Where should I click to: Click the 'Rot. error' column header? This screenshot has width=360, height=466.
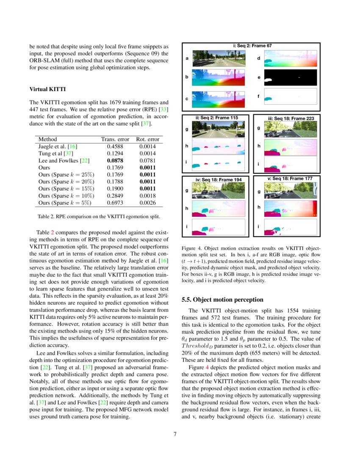[x=147, y=139]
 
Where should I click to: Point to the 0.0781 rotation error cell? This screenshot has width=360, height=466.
[x=147, y=160]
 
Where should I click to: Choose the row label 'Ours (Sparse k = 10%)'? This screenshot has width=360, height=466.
[x=66, y=196]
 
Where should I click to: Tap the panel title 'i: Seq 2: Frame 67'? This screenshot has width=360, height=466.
[x=252, y=46]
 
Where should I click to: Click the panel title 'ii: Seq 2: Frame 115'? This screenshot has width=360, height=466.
[x=216, y=117]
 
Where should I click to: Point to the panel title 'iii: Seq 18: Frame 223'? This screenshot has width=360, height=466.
[x=291, y=118]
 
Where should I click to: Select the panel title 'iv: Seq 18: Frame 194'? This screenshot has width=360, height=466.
[x=219, y=180]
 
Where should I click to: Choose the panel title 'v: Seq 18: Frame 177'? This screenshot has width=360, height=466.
[x=290, y=179]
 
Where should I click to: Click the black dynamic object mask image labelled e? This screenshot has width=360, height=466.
[x=291, y=77]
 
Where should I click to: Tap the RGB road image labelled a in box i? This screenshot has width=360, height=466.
[x=219, y=58]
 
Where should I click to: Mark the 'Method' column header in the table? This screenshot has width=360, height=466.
[x=47, y=139]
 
